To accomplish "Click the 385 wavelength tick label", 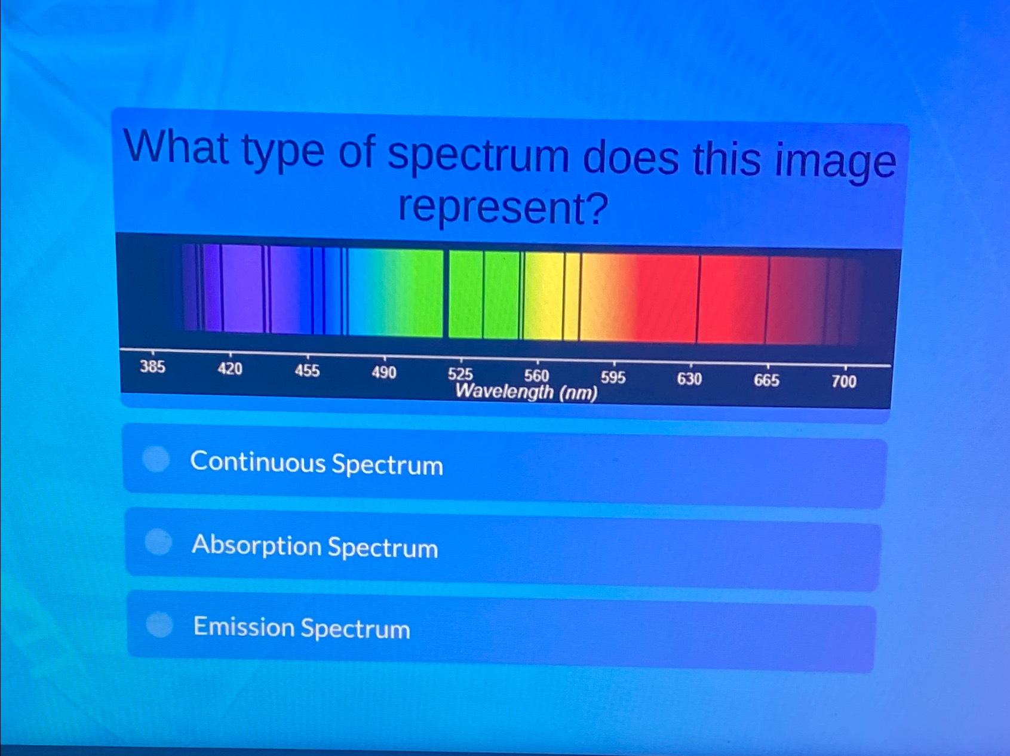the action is click(152, 367).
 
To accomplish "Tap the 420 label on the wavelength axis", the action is click(230, 369).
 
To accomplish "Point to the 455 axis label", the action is click(307, 371).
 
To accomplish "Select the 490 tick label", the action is click(383, 373).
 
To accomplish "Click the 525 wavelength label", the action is click(461, 374).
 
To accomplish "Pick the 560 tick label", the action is click(536, 376).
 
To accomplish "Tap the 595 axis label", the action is click(613, 377).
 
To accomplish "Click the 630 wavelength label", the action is click(689, 379).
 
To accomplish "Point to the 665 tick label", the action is click(766, 380).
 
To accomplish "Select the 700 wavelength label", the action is click(844, 382).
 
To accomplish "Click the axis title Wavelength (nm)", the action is click(526, 392).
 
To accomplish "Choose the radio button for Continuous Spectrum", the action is click(156, 459).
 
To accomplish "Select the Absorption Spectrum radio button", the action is click(158, 542).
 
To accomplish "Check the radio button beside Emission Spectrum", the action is click(159, 625).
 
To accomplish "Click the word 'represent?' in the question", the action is click(503, 208).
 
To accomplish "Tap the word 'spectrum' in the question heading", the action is click(478, 156).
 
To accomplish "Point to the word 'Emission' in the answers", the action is click(244, 626).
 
